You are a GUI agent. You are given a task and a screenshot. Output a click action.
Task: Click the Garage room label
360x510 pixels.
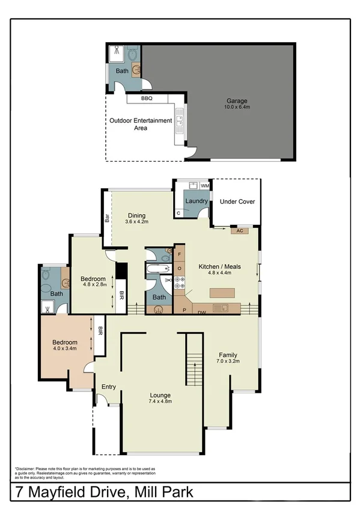[237, 101]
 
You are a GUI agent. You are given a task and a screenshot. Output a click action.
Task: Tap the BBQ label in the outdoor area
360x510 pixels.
[147, 97]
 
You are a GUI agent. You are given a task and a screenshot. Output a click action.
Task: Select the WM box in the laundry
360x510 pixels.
[204, 185]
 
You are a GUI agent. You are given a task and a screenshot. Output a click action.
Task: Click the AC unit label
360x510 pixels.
[239, 230]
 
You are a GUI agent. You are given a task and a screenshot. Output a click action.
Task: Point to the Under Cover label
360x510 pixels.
[237, 202]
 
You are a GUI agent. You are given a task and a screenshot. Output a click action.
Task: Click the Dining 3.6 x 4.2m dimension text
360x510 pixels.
[136, 222]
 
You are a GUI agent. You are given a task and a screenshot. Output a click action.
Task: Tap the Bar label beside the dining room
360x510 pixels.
[107, 218]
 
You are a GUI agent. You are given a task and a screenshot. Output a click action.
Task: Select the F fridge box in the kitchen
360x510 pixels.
[179, 254]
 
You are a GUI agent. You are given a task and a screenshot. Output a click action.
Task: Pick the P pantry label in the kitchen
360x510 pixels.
[184, 310]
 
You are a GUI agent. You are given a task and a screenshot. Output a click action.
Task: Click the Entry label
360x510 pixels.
[108, 387]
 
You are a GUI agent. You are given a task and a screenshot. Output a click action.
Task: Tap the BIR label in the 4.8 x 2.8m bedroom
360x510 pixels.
[121, 296]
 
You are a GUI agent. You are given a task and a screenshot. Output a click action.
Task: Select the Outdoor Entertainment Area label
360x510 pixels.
[141, 124]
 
